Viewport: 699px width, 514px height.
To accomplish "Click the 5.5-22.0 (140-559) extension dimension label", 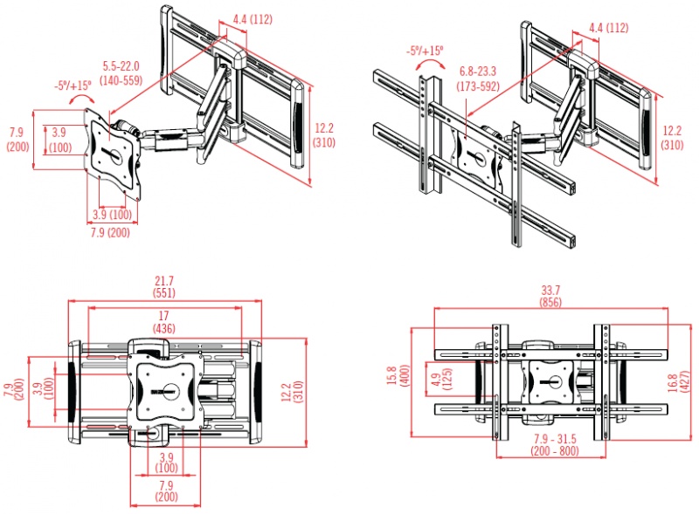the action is click(x=121, y=73).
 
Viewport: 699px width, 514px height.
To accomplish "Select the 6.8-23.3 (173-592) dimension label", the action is click(x=478, y=79).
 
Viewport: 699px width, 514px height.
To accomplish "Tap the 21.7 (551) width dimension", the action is click(x=164, y=287).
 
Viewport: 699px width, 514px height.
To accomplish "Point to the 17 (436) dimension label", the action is click(x=163, y=322).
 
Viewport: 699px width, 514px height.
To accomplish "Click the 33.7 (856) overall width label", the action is click(x=550, y=296).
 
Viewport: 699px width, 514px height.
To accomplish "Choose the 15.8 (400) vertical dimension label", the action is click(x=398, y=375).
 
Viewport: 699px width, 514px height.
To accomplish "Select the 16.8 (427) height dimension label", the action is click(x=680, y=382).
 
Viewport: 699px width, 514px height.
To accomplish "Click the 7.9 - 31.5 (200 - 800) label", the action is click(x=555, y=445).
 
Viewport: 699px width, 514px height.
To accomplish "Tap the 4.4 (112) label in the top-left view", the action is click(x=253, y=19).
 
